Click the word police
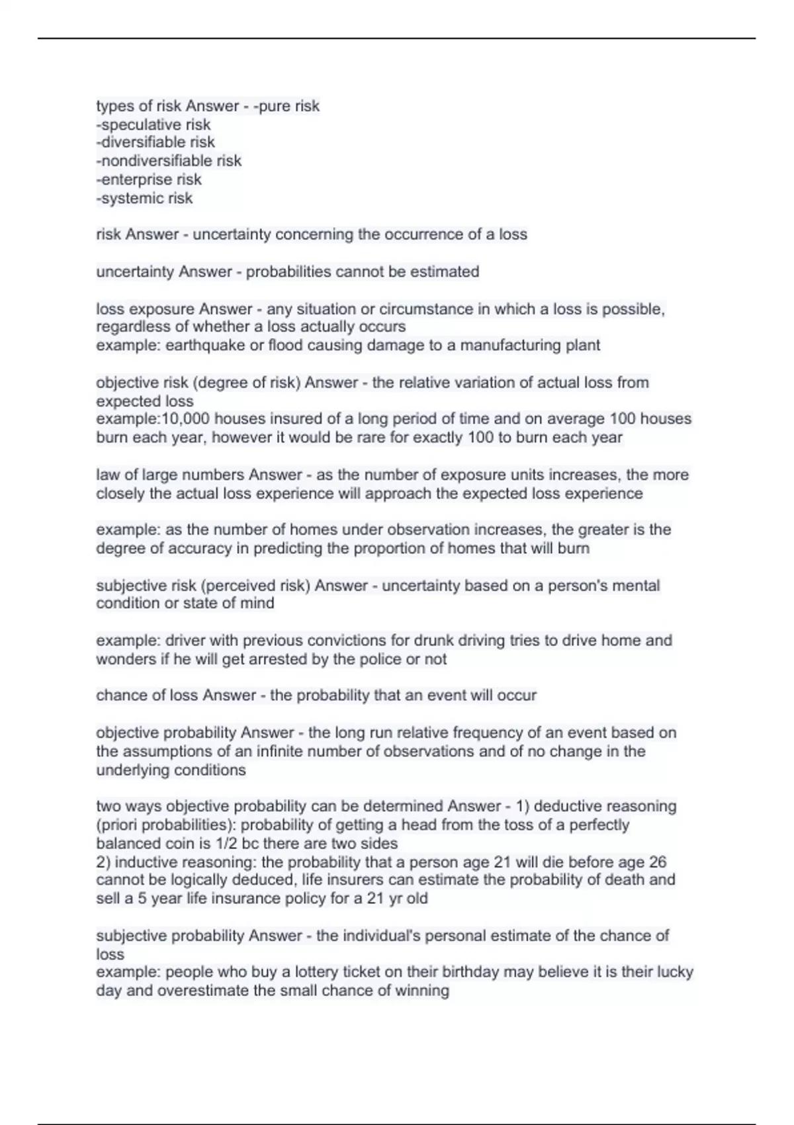point(381,659)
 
